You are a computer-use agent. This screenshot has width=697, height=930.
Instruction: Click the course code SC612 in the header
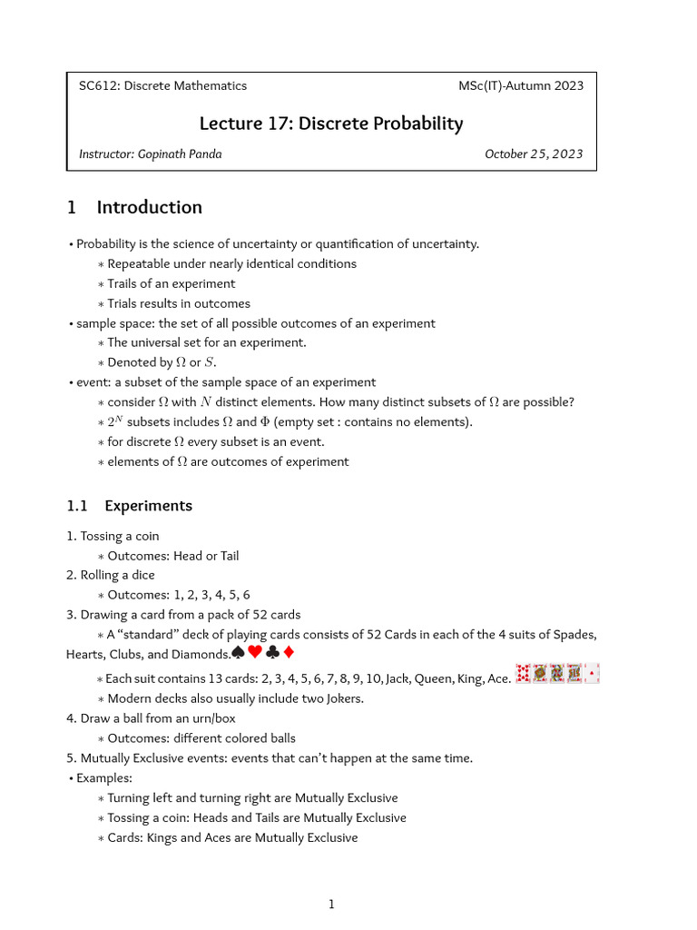(98, 86)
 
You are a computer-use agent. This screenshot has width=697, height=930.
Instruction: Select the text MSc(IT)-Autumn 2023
(521, 86)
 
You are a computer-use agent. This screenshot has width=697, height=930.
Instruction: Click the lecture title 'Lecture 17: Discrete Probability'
(331, 124)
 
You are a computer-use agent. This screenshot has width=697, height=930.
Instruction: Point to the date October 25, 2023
(534, 153)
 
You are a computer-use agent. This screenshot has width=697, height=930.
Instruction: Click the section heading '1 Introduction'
(134, 207)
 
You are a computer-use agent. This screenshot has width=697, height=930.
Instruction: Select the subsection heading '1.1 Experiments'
(129, 506)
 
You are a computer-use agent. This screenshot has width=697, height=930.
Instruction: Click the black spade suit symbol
(238, 653)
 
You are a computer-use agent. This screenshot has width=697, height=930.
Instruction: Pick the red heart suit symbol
(255, 653)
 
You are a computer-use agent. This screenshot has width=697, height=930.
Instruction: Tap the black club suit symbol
(272, 653)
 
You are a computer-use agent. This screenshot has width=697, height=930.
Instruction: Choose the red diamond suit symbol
(288, 653)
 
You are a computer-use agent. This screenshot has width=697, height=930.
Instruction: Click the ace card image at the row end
(592, 674)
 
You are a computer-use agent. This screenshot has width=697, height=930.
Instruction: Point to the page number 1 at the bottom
(331, 904)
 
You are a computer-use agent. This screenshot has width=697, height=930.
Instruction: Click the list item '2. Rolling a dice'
(111, 575)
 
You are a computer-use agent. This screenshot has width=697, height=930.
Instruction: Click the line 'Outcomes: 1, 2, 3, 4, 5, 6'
(178, 595)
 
